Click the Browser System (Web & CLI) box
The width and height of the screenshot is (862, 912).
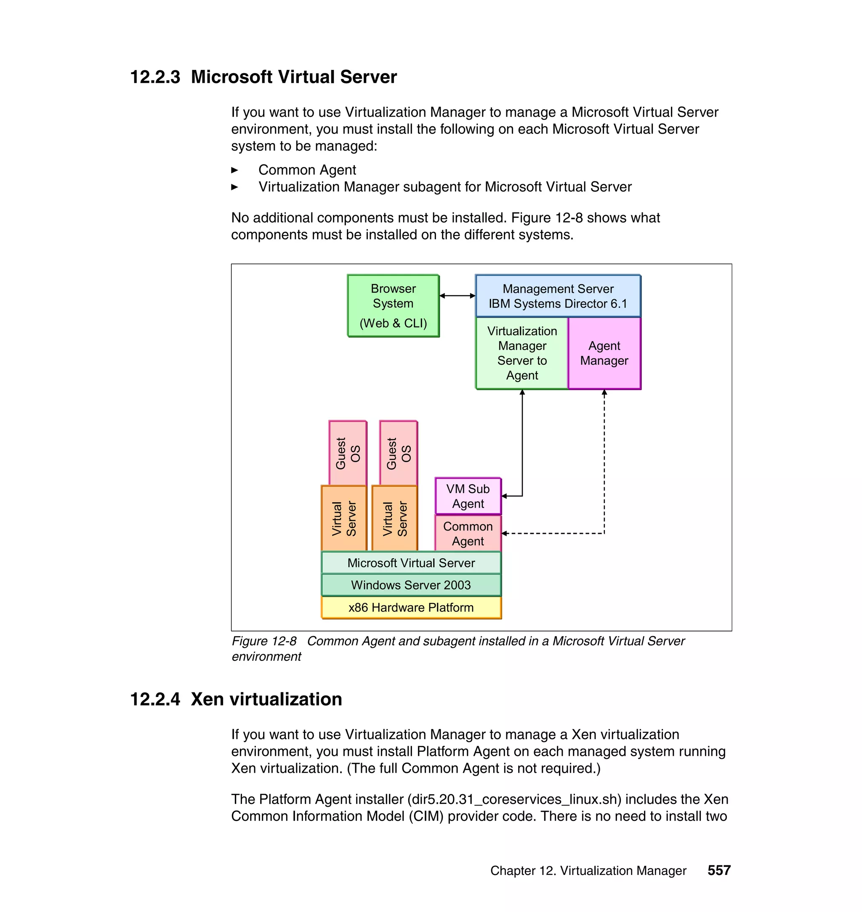(x=393, y=305)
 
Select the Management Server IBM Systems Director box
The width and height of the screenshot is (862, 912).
(x=558, y=296)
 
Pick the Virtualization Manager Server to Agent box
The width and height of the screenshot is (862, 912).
(x=522, y=353)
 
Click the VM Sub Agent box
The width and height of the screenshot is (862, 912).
(x=468, y=496)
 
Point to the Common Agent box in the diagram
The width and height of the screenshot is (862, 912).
(x=468, y=533)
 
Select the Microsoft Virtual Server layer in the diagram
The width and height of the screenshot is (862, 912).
(x=411, y=563)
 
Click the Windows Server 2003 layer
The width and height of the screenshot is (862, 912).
(x=411, y=585)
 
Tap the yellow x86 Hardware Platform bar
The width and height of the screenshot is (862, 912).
(x=411, y=607)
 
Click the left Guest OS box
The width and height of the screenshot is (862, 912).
(x=348, y=453)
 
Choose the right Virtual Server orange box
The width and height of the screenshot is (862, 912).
(x=395, y=518)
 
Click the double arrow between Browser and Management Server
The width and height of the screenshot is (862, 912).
(x=457, y=296)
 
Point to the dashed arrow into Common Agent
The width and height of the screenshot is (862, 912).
(x=551, y=533)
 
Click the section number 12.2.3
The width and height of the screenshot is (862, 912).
(x=155, y=77)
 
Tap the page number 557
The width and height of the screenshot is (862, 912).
(x=719, y=870)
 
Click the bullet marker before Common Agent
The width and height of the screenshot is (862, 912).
(x=235, y=170)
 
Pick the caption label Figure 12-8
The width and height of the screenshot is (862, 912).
(x=264, y=641)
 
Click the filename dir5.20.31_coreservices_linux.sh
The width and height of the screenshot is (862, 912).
(x=514, y=799)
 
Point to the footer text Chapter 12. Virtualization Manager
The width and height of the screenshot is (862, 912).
(x=588, y=871)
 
